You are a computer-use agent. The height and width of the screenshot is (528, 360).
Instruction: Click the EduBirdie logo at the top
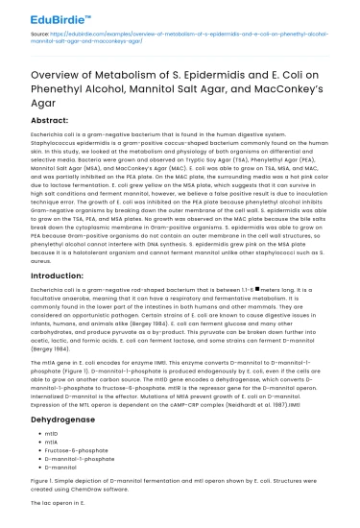click(x=51, y=12)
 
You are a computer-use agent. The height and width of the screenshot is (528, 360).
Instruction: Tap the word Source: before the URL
click(x=33, y=34)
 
